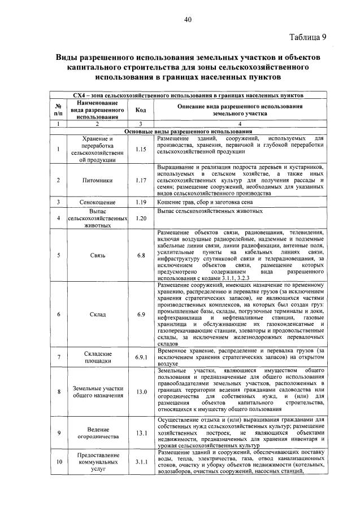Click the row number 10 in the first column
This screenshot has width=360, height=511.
pyautogui.click(x=58, y=461)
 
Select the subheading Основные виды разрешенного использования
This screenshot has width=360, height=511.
pyautogui.click(x=188, y=131)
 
